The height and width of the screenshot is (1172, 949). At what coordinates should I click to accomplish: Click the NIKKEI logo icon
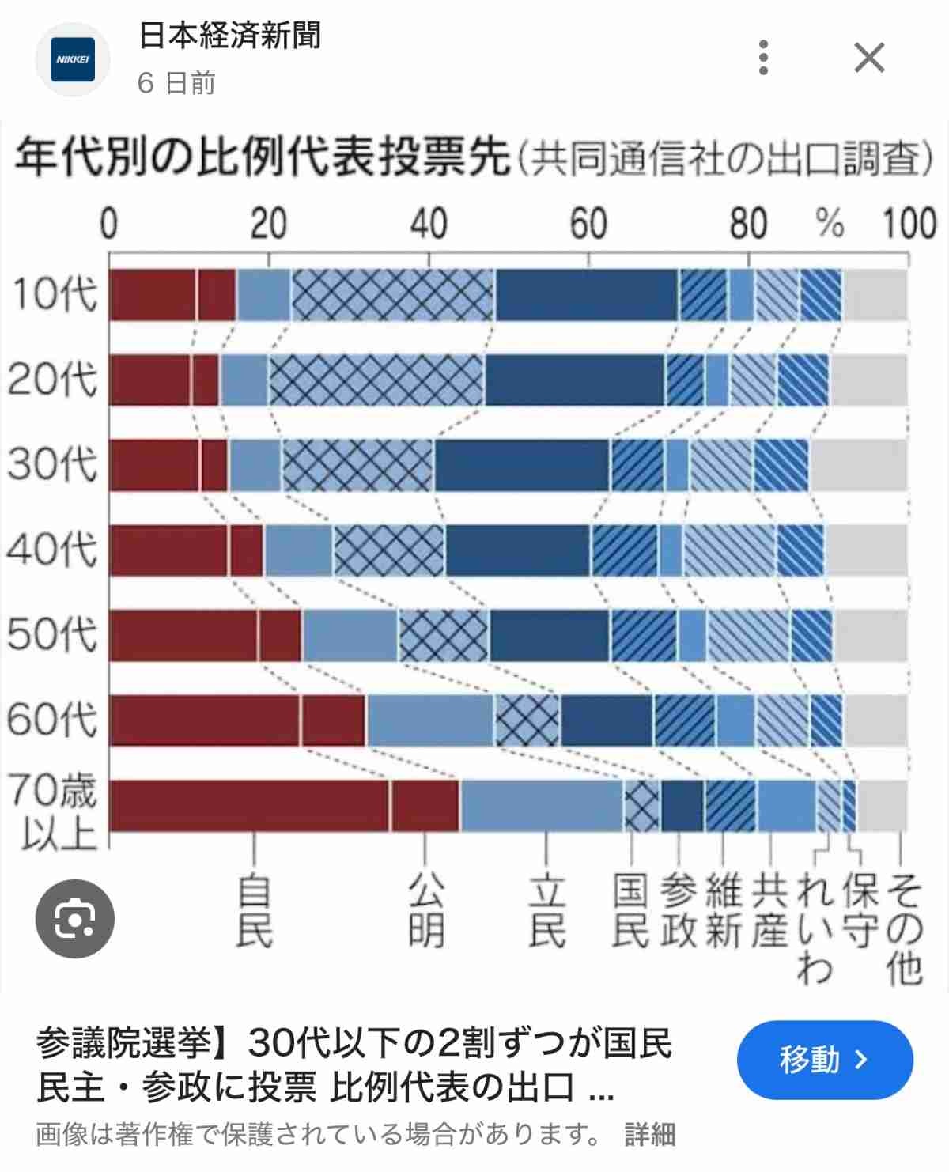73,59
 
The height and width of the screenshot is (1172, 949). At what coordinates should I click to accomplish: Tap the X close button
869,58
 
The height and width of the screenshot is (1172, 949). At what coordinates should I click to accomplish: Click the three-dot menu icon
763,58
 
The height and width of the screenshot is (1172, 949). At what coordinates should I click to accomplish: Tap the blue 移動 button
824,1060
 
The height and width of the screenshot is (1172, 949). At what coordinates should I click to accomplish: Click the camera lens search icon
75,918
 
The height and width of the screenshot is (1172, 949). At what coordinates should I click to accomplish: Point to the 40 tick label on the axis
429,224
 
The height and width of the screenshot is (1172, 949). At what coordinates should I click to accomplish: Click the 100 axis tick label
909,224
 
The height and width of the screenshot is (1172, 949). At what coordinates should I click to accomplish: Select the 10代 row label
54,294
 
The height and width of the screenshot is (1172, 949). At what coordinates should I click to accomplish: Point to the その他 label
903,929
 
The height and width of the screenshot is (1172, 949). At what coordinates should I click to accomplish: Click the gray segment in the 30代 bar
858,465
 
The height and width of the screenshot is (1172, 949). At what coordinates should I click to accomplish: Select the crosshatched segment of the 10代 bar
392,295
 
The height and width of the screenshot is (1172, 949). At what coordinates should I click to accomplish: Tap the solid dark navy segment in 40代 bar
518,550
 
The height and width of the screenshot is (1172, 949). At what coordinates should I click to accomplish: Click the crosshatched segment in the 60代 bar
527,720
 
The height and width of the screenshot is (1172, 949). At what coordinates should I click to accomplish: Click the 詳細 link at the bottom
650,1134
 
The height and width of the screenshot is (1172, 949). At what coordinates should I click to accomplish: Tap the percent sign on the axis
830,224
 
